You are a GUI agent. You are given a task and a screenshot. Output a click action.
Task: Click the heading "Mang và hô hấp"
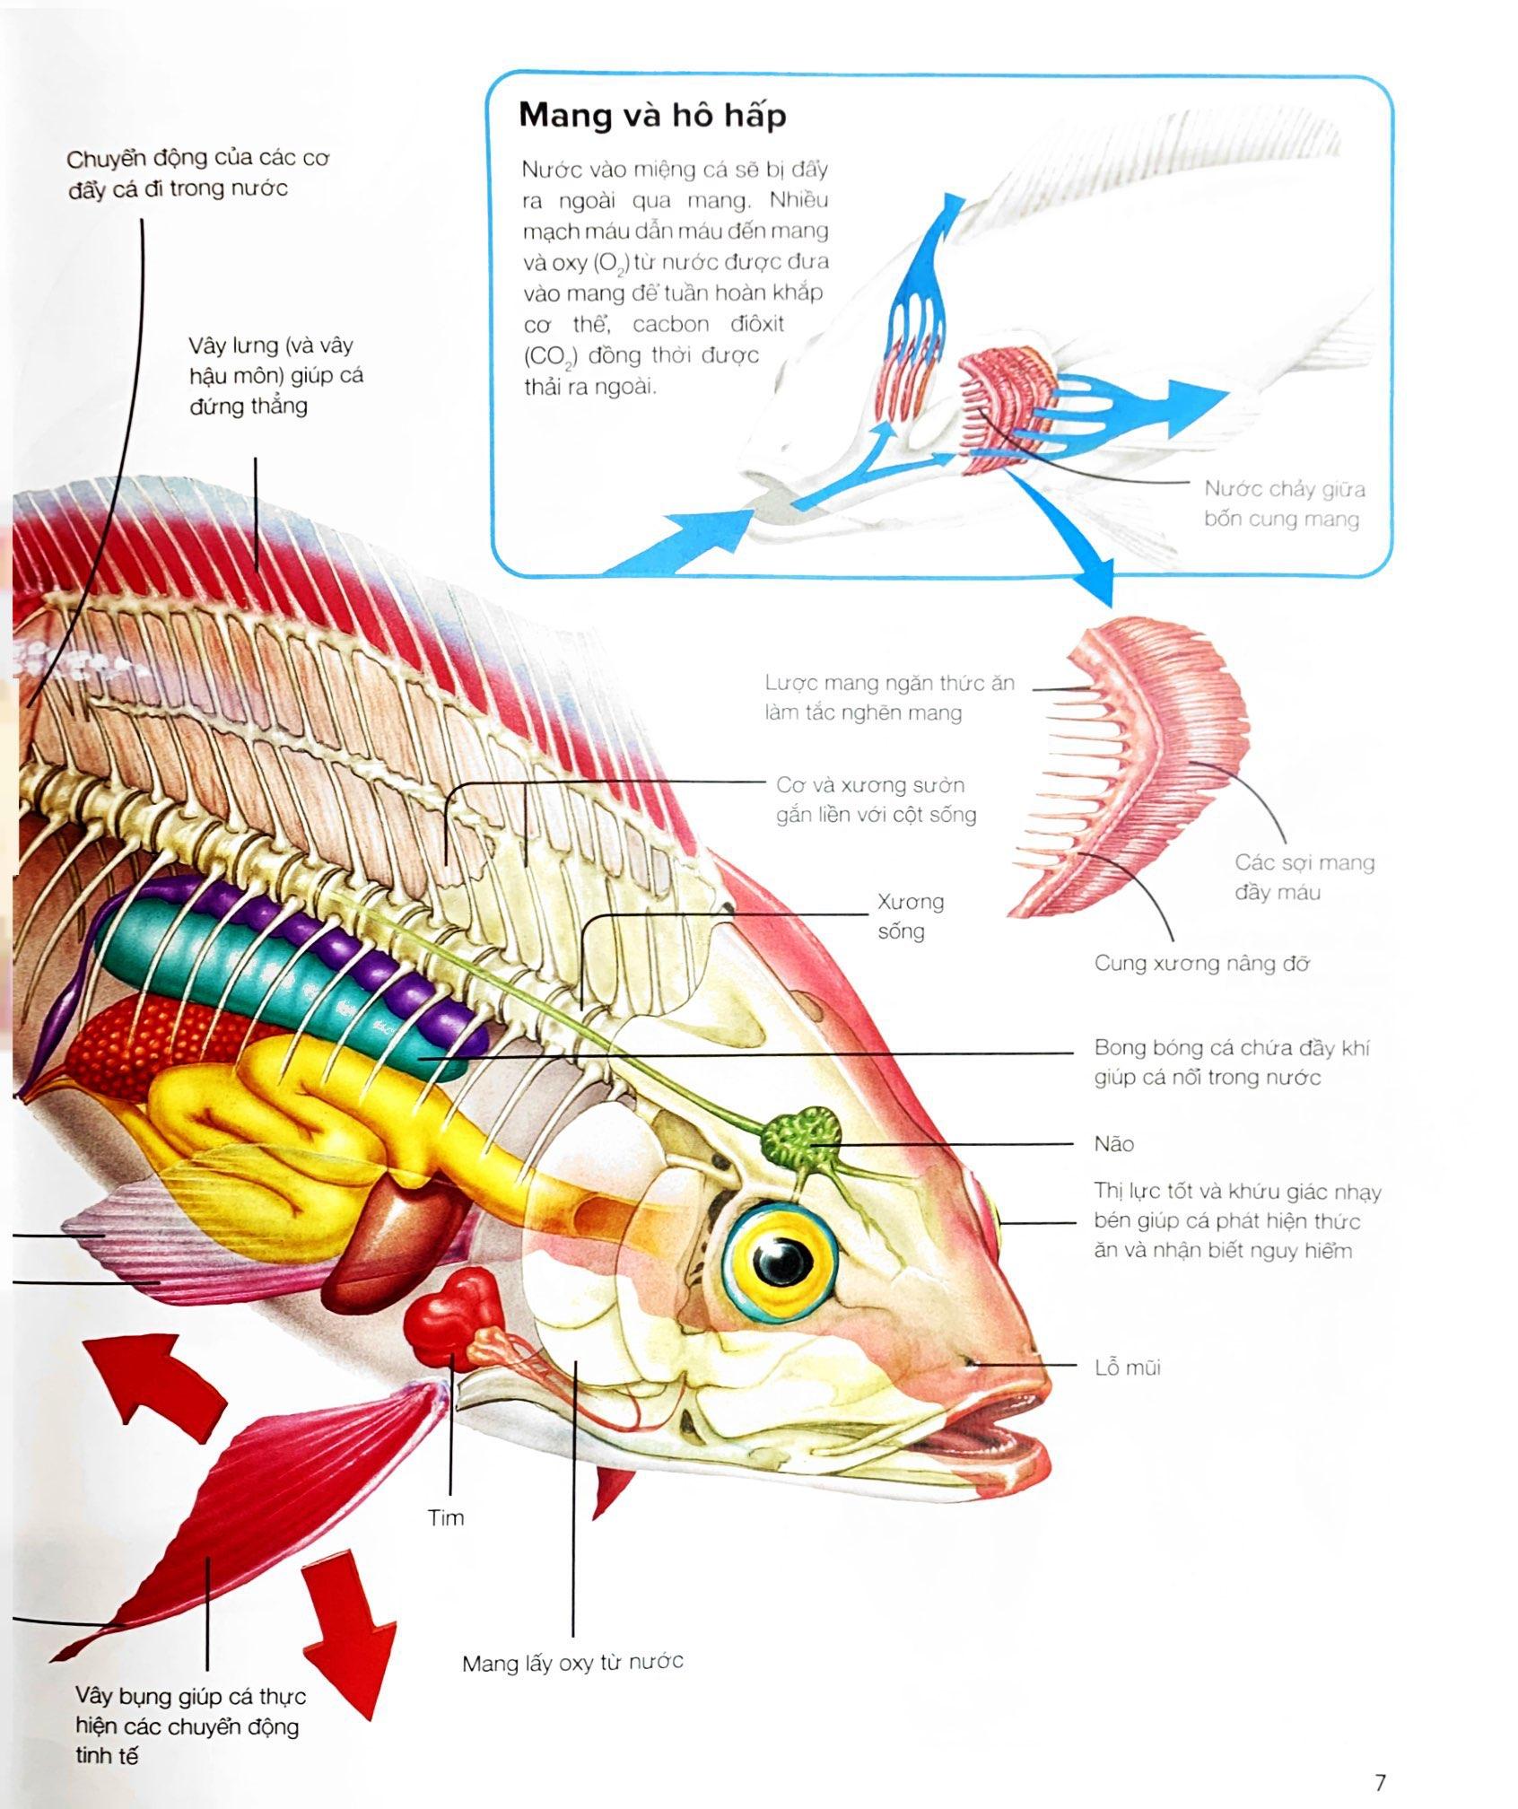(x=652, y=116)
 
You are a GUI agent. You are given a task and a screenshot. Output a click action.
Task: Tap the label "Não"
(x=1113, y=1143)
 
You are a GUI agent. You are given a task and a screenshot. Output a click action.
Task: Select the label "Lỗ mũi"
(x=1127, y=1368)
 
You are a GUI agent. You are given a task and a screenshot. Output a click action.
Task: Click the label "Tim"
(x=446, y=1517)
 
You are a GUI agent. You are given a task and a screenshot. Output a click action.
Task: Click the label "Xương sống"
(x=910, y=915)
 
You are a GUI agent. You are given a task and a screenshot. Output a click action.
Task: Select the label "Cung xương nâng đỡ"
(x=1201, y=963)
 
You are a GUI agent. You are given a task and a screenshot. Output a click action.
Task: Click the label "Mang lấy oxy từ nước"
(x=572, y=1662)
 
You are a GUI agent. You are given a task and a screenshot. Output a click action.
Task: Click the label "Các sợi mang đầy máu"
(x=1304, y=877)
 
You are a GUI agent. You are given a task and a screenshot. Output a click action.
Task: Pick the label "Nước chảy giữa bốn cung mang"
(x=1283, y=503)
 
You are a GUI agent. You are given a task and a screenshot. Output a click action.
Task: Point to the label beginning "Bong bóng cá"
(x=1231, y=1062)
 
